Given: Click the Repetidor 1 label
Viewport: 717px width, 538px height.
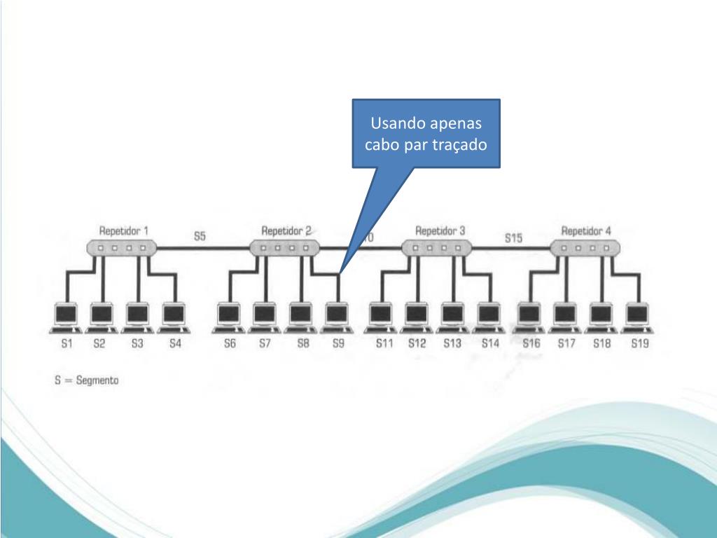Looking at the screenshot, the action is (x=123, y=230).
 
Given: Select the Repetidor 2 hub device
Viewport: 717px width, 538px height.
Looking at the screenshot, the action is (x=284, y=247).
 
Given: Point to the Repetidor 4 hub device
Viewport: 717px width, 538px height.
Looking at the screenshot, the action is (x=585, y=247).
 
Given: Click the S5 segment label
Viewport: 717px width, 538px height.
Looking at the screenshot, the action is (x=200, y=237).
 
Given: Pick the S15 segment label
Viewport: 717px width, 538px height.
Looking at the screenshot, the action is (x=513, y=238).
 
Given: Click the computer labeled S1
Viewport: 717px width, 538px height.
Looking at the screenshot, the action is (x=67, y=317).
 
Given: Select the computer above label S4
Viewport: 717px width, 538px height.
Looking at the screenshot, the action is (x=174, y=317).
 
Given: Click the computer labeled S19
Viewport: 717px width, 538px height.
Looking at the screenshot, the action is (x=637, y=317).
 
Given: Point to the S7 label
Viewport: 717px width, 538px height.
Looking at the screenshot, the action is (x=265, y=344).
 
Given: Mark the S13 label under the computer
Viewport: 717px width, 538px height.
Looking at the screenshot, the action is (x=452, y=344).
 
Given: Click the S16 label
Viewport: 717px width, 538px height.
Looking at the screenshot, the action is (x=531, y=344).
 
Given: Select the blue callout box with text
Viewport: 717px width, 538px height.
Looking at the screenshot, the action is (x=426, y=133).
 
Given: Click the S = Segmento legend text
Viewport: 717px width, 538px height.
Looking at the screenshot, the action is (x=87, y=380).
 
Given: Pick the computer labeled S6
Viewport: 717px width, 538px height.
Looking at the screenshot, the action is (x=228, y=317).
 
